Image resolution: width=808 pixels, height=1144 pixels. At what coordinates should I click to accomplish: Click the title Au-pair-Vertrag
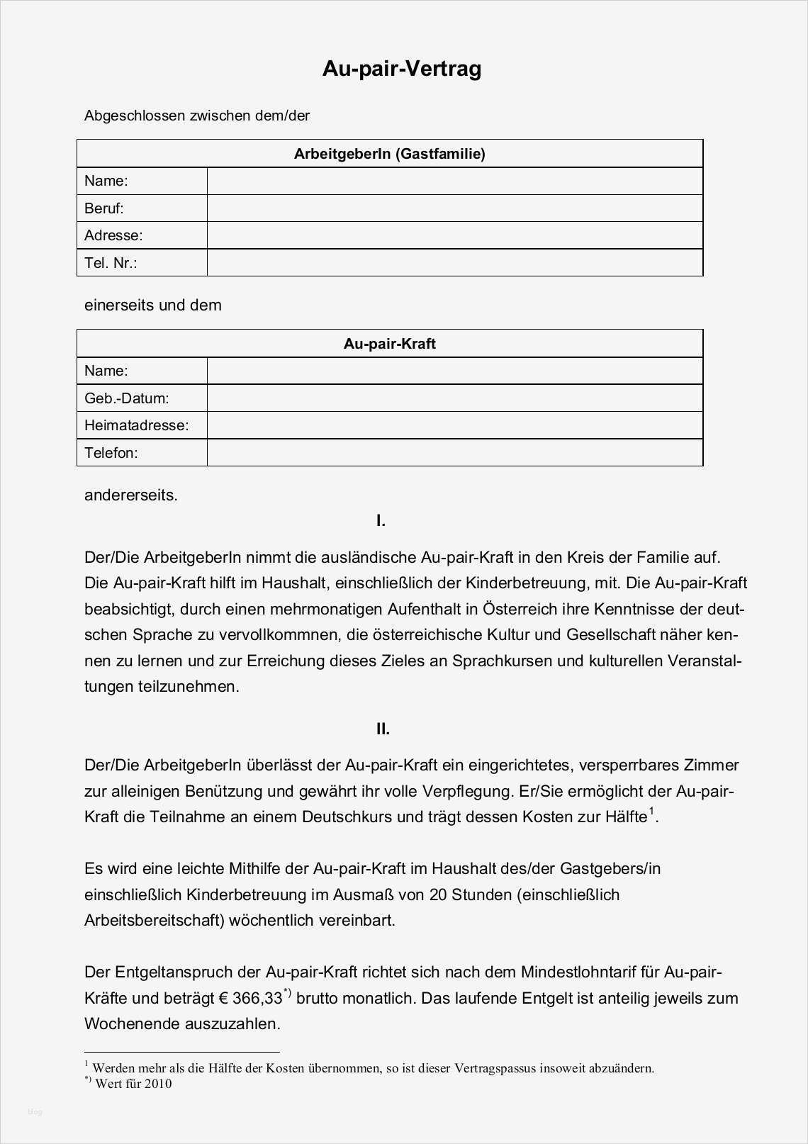pos(402,69)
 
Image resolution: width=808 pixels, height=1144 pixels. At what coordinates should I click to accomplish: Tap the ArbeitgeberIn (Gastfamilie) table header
pos(389,154)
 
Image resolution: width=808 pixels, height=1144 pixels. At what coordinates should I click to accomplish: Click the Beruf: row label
pos(104,208)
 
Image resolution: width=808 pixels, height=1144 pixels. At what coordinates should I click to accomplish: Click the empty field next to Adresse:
pos(454,235)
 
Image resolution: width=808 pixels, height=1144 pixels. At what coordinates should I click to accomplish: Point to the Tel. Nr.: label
pos(111,263)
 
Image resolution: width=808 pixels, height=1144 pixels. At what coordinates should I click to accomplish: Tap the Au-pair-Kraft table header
pos(389,344)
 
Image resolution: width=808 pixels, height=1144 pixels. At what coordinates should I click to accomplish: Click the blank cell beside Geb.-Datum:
pos(454,398)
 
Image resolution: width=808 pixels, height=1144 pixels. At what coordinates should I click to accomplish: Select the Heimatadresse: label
pos(137,425)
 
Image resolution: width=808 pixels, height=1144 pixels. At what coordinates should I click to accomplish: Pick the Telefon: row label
pos(111,453)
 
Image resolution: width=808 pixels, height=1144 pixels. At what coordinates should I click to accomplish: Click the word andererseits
pos(131,495)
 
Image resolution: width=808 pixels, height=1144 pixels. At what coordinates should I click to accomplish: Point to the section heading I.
pos(381,521)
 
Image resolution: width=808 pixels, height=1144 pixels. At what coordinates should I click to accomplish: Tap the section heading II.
pos(383,729)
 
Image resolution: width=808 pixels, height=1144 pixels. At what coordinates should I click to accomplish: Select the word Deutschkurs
pos(347,817)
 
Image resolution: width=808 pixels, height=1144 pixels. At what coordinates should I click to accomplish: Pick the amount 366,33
pos(257,999)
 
